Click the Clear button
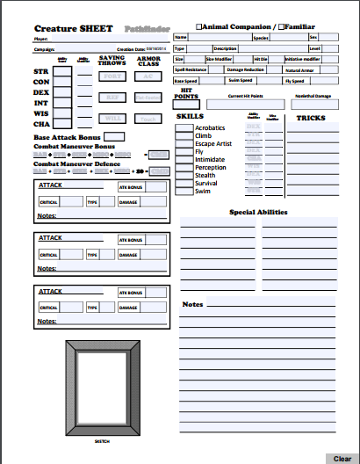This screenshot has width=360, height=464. click(342, 458)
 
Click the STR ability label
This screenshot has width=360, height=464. click(40, 71)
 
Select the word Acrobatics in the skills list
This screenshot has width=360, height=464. click(211, 127)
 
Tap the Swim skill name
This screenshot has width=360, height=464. click(202, 191)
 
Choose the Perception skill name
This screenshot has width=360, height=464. click(211, 167)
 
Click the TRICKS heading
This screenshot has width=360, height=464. click(311, 117)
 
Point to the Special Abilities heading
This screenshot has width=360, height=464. click(259, 212)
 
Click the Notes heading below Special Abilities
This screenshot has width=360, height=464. click(192, 304)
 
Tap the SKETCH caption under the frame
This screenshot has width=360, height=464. click(102, 440)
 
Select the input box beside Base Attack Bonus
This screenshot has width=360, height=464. click(114, 136)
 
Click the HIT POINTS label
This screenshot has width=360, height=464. click(186, 92)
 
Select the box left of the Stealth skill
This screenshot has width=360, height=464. click(184, 175)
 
